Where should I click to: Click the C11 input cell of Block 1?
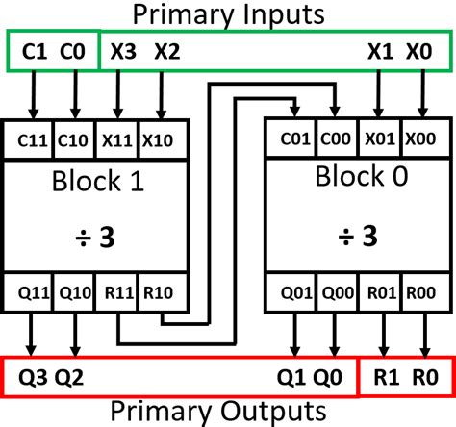[32, 139]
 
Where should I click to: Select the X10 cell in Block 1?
[160, 139]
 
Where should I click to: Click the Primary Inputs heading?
[228, 14]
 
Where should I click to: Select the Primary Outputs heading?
[228, 412]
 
